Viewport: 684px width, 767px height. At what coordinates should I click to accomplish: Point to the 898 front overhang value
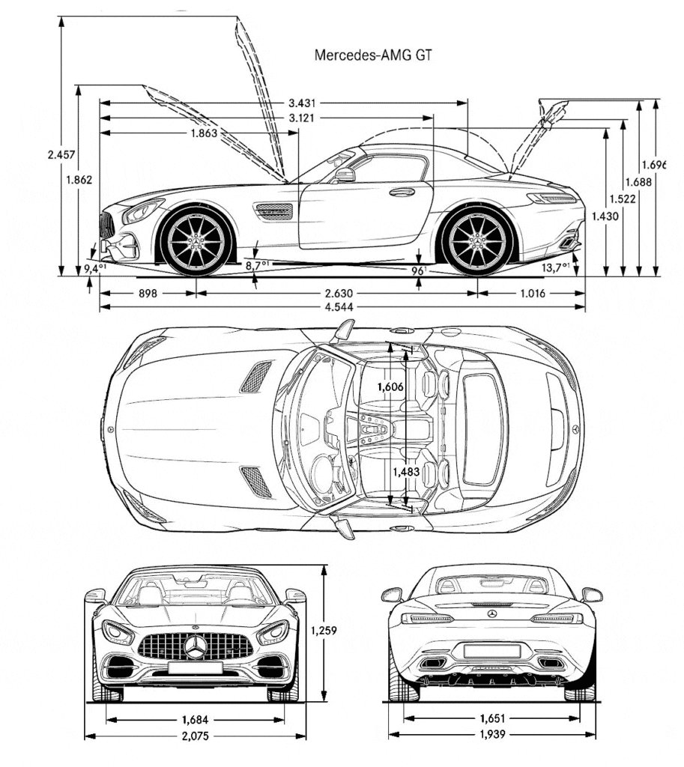pos(148,293)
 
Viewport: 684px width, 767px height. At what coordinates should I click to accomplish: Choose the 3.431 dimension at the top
pos(302,103)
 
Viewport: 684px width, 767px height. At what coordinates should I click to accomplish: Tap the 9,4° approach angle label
pos(94,267)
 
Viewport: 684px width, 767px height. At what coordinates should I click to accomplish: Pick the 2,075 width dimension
pos(195,736)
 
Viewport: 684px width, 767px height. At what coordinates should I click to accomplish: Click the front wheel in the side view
pos(196,241)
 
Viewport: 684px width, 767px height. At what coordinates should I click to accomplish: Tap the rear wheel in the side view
pos(477,241)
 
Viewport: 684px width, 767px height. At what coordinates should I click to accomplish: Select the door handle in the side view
pos(402,192)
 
